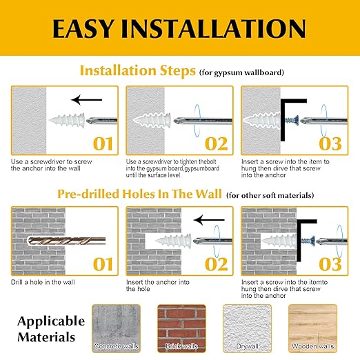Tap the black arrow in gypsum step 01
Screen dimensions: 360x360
tap(87, 100)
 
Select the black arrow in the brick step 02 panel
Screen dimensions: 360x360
tap(209, 220)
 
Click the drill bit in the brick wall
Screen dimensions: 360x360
tap(66, 241)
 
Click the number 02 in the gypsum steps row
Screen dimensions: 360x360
tap(217, 144)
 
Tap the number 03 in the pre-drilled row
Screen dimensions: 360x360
tap(330, 264)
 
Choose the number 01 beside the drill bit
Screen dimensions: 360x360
tap(103, 264)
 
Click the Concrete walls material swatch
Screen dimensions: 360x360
tap(116, 328)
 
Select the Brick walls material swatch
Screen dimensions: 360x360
tap(181, 328)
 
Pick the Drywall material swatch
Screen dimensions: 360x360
tap(247, 328)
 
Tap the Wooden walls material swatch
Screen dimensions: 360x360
tap(312, 328)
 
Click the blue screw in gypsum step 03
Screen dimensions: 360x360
tap(292, 120)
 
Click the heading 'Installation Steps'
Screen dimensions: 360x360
tap(138, 70)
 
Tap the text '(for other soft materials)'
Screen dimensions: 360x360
tap(270, 195)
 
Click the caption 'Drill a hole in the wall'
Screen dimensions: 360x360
tap(43, 282)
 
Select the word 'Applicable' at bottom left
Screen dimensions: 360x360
tap(51, 321)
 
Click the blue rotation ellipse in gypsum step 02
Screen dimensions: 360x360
tap(197, 121)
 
